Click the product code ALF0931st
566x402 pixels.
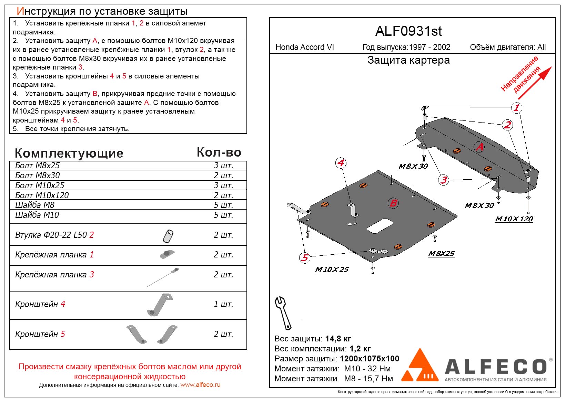[x=408, y=31]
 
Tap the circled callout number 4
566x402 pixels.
[x=341, y=163]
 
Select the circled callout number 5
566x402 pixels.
[x=305, y=258]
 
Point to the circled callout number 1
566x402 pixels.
[x=516, y=108]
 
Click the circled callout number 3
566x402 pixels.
[x=444, y=180]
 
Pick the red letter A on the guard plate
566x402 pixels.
[x=479, y=147]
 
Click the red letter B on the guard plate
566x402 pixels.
[x=393, y=203]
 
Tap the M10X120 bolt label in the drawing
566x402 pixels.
[x=514, y=219]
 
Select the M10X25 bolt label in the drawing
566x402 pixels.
[x=332, y=269]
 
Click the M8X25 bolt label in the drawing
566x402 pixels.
[x=441, y=254]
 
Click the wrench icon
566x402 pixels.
[x=283, y=313]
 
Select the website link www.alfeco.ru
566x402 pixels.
[x=200, y=385]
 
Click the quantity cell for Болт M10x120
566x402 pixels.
[x=223, y=195]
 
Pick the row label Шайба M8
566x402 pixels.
[x=35, y=205]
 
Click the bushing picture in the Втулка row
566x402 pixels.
[x=168, y=236]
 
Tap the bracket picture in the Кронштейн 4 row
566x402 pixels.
[x=159, y=305]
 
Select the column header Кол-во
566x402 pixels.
[x=219, y=152]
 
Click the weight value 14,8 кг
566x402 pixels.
[x=338, y=339]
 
